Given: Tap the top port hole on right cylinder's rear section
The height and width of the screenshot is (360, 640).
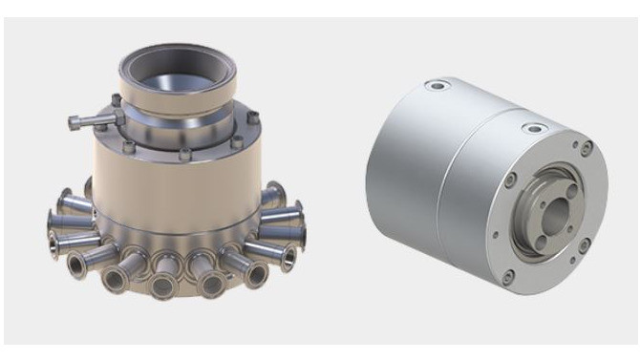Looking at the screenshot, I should tap(439, 86).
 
